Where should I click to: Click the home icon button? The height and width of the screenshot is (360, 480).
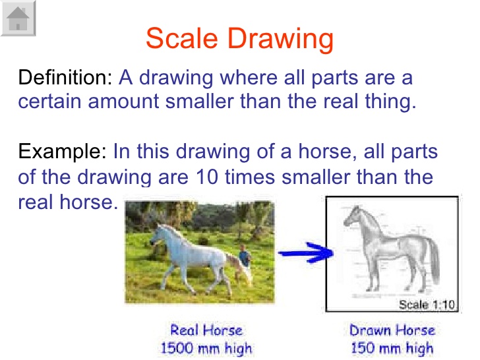click(x=18, y=18)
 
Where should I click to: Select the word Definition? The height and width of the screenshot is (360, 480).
click(x=66, y=78)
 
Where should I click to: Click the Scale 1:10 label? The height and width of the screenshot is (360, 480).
click(x=427, y=304)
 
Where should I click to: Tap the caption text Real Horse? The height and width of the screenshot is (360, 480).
click(x=206, y=330)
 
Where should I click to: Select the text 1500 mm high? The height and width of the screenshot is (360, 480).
click(x=206, y=347)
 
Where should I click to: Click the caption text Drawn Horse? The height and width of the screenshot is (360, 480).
click(x=392, y=330)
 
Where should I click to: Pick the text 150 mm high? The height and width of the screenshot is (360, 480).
click(x=392, y=347)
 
